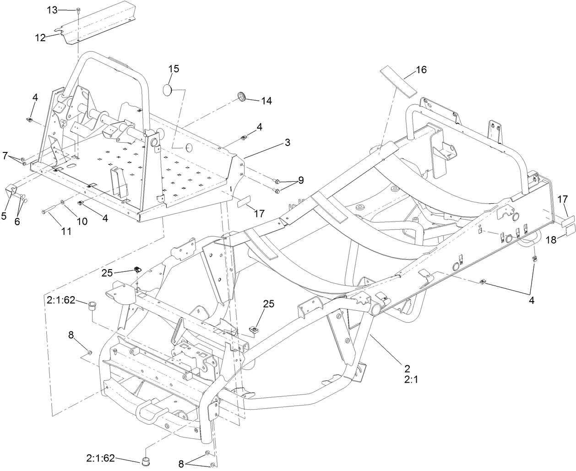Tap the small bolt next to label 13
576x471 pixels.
pyautogui.click(x=78, y=10)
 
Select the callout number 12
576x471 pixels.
pyautogui.click(x=40, y=38)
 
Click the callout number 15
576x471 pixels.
pyautogui.click(x=174, y=69)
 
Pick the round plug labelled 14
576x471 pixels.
pyautogui.click(x=241, y=97)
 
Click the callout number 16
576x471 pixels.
pyautogui.click(x=421, y=70)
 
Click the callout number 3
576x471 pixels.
pyautogui.click(x=287, y=142)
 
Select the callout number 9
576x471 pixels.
pyautogui.click(x=300, y=180)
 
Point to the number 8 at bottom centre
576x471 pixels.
pyautogui.click(x=181, y=463)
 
